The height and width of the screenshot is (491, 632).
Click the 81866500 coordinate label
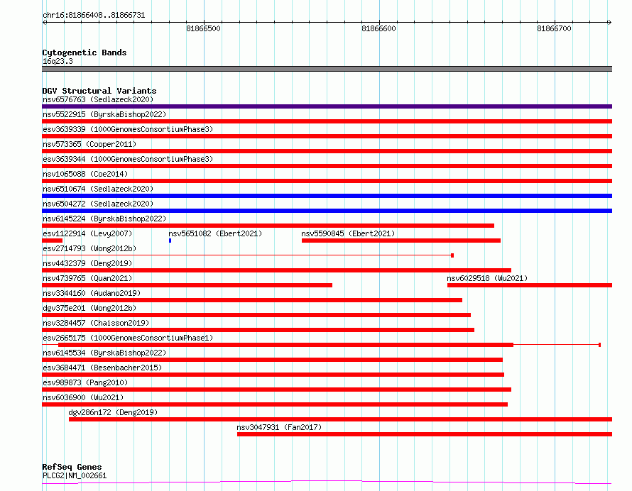[203, 28]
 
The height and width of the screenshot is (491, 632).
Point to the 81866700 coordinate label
[554, 28]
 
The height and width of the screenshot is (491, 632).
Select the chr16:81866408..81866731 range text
[94, 16]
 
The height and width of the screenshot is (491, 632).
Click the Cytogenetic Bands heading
[85, 53]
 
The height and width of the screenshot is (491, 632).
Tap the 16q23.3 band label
[58, 61]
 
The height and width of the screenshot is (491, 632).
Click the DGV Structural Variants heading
[99, 91]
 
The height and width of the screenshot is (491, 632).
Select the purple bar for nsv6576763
[327, 106]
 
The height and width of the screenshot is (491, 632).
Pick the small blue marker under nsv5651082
[170, 241]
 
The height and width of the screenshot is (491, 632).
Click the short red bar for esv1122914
[52, 241]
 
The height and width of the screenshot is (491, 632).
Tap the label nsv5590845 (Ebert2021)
[348, 233]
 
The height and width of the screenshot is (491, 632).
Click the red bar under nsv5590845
[401, 241]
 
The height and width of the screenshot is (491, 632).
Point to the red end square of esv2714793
[452, 255]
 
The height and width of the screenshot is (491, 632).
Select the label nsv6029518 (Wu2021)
[487, 278]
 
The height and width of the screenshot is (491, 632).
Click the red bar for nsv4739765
[187, 285]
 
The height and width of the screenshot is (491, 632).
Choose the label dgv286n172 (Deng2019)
[113, 412]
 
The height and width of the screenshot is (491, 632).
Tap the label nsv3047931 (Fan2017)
[279, 427]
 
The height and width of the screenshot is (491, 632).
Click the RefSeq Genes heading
[72, 467]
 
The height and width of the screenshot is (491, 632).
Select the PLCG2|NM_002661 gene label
[75, 475]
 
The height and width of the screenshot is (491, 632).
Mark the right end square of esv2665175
[600, 345]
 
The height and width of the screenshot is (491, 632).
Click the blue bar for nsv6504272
[327, 211]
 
